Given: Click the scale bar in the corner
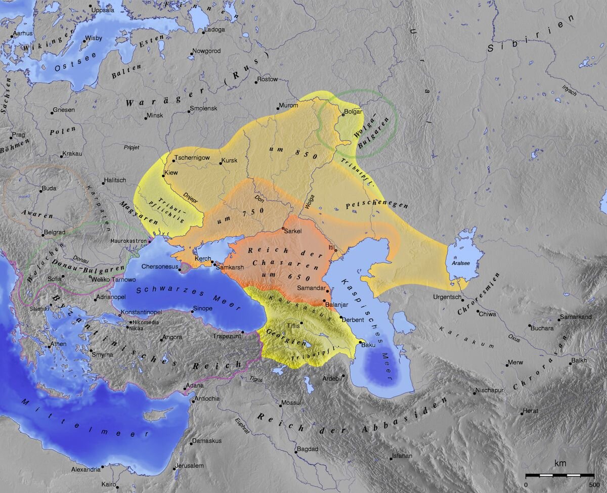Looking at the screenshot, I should coord(559,475).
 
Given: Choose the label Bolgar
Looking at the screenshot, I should coord(354,111).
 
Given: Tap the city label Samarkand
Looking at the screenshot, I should coord(575,317).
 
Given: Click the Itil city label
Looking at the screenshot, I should coord(332,247).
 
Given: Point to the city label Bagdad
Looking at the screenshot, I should coord(308,449).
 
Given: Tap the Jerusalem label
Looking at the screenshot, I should coord(189,465).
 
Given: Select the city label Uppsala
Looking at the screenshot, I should coord(103,9).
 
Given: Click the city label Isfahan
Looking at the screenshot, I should coord(403,456).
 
